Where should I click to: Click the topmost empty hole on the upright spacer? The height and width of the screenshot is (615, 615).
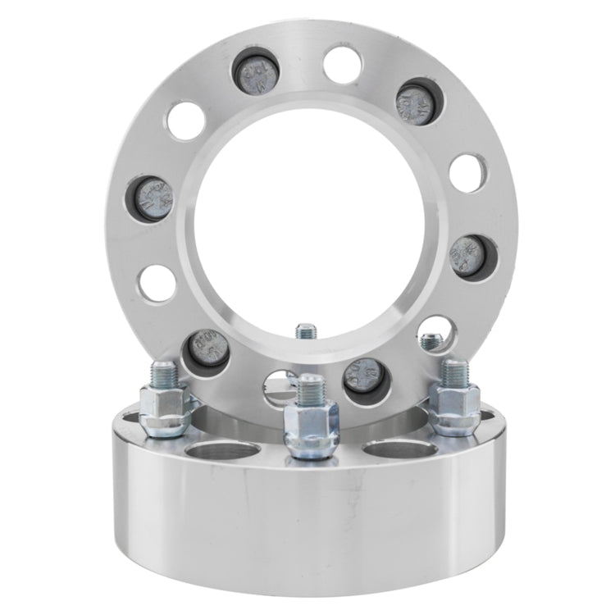(341, 65)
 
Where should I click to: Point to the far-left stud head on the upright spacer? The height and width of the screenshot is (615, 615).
(153, 198)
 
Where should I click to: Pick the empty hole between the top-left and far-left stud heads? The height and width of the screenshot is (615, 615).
(185, 121)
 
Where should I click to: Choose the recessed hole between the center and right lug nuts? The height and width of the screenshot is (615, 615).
(392, 449)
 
